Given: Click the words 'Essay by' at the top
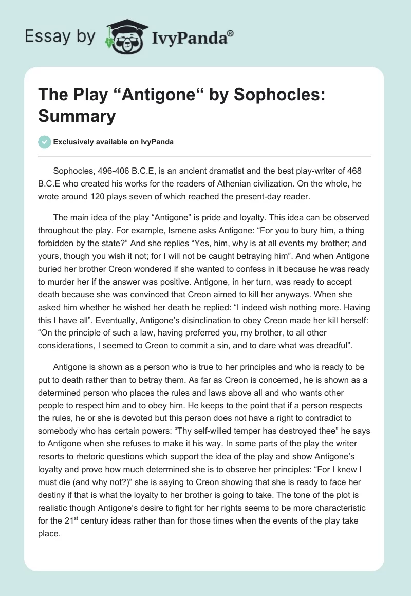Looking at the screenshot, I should [60, 36].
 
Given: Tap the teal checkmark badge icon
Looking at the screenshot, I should [45, 142].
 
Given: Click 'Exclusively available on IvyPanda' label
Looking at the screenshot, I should [113, 142].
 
